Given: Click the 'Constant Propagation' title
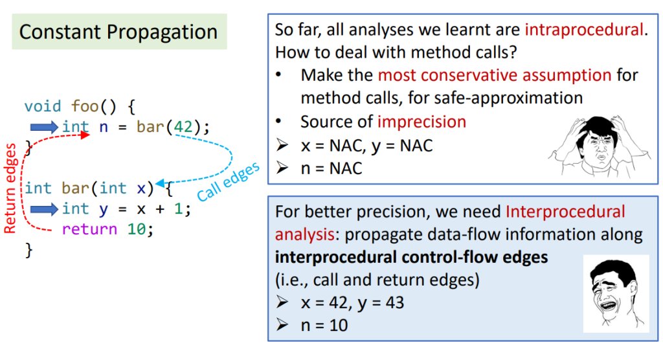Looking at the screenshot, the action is pos(118,32).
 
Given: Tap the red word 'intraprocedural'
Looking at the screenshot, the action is pos(584,30).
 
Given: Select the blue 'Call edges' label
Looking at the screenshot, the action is pos(229,181).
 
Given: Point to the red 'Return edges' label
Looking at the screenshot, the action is pos(10,188).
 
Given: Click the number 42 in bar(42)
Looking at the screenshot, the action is pos(183,126).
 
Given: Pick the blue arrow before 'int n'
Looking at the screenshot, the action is pos(44,127).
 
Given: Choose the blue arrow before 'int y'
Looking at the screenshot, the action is pos(44,209).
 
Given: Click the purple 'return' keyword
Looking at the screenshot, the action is pos(89,229).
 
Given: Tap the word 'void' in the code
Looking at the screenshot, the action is pos(43,106).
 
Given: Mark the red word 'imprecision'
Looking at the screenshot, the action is pos(421,122).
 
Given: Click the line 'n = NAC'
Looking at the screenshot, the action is pos(331,168).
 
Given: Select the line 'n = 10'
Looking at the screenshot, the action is pos(324,325).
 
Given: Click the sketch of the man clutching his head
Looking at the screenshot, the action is pos(600,146).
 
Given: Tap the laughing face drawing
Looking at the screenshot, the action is pos(616,293).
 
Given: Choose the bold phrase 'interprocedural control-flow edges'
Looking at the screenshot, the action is pos(411,257).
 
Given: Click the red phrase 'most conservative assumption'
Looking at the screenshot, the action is pos(495,75).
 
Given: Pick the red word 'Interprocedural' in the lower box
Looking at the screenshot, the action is pos(565,212).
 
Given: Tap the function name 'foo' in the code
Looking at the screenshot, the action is pos(85,106).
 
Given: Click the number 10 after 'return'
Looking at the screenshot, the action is pos(137,229).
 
